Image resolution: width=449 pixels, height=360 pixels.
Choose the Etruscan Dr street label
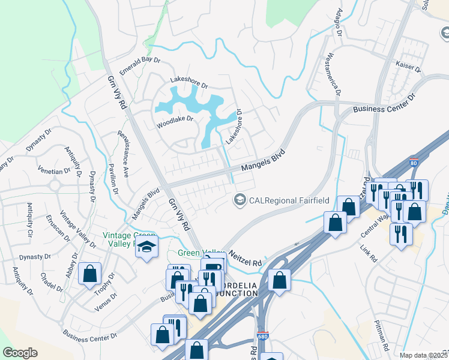tap(58, 230)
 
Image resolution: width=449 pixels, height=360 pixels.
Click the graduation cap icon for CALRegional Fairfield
tap(240, 199)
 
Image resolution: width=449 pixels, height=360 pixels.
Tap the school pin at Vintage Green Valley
tap(146, 247)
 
